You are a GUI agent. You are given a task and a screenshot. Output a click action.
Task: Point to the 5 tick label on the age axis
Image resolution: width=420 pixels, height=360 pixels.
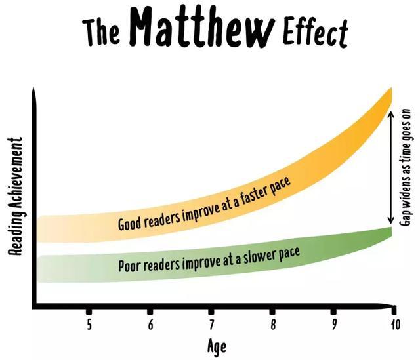tap(89, 325)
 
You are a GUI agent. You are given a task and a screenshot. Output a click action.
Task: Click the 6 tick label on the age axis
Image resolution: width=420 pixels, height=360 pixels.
tap(150, 325)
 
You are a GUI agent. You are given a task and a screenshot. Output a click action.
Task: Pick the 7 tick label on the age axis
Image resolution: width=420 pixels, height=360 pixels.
tap(211, 325)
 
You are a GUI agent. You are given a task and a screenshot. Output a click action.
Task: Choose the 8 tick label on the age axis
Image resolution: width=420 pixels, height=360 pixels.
tap(272, 325)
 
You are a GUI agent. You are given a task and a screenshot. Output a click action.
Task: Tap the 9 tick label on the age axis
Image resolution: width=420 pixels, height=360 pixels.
tap(333, 325)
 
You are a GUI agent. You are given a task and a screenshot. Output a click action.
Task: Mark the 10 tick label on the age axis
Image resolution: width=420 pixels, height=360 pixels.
tap(394, 325)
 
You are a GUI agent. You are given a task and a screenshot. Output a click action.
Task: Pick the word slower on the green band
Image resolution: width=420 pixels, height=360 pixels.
tap(259, 254)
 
